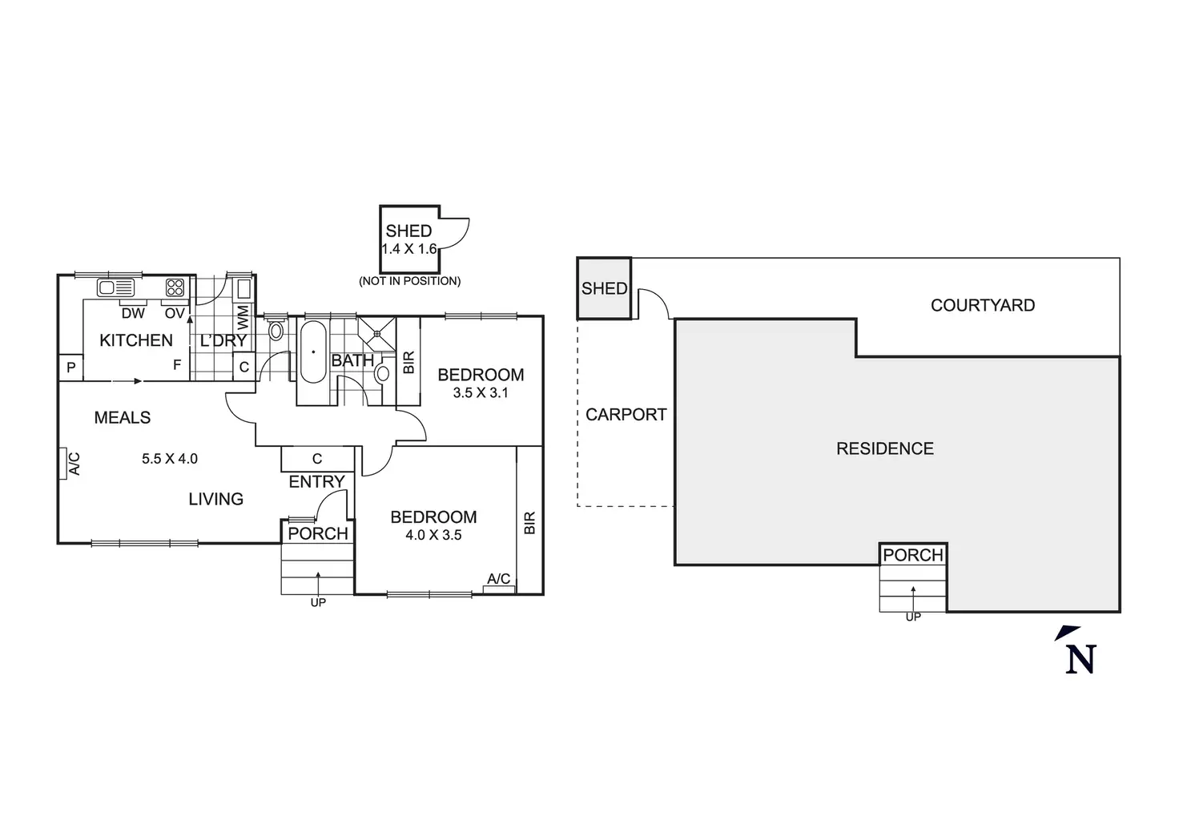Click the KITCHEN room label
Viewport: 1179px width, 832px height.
(x=136, y=340)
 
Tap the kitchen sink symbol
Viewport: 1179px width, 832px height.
(x=116, y=287)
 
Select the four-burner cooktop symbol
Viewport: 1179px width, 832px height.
(x=175, y=287)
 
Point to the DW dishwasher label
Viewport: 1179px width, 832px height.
(x=133, y=314)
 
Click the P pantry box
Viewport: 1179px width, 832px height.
(x=71, y=368)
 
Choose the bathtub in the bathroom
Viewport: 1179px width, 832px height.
(x=313, y=352)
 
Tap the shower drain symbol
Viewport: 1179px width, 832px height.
(x=377, y=333)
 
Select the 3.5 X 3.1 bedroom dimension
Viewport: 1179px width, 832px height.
(x=481, y=392)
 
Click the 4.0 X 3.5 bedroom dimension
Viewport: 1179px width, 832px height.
(x=433, y=535)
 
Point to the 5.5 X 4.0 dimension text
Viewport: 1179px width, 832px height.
(x=170, y=459)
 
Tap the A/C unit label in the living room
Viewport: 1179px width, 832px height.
(x=74, y=464)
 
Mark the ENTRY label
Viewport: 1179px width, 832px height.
(x=316, y=481)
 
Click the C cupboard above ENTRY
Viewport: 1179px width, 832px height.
(x=317, y=459)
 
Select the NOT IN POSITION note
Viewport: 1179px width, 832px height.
(x=409, y=281)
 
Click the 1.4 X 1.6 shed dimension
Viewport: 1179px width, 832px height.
(x=409, y=249)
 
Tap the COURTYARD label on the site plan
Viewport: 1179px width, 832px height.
(x=983, y=305)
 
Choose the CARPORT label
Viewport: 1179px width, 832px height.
(x=626, y=415)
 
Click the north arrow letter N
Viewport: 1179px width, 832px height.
(x=1080, y=659)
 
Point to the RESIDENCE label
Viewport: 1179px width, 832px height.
(x=885, y=448)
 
